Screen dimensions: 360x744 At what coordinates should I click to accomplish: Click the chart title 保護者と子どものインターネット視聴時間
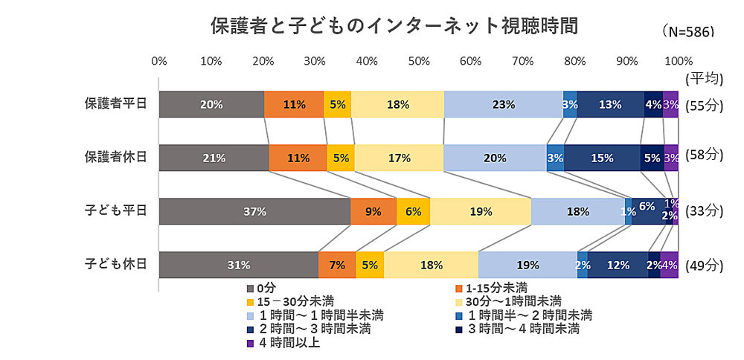[x=394, y=25]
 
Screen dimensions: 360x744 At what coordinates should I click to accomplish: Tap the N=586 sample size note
[x=687, y=32]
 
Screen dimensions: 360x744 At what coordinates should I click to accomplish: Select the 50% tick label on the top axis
[x=419, y=60]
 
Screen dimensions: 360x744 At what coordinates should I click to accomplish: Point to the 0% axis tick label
[x=158, y=60]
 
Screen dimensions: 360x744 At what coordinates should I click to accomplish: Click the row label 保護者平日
[x=115, y=104]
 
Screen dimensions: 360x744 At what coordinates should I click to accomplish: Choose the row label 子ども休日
[x=115, y=264]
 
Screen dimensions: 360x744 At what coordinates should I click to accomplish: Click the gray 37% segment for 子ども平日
[x=254, y=211]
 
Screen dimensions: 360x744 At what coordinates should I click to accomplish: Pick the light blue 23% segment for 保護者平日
[x=503, y=105]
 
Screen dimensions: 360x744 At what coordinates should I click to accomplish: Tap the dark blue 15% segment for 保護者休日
[x=602, y=158]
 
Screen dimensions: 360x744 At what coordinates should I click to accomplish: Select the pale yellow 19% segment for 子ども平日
[x=481, y=211]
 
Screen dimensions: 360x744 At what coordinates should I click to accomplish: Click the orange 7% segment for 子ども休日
[x=336, y=265]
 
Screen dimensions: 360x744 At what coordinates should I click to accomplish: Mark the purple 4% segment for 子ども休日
[x=669, y=265]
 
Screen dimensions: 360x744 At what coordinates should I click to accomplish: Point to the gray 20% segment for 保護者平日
[x=211, y=105]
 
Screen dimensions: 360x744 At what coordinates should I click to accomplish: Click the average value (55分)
[x=703, y=105]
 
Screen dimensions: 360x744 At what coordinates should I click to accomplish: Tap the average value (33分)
[x=703, y=211]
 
